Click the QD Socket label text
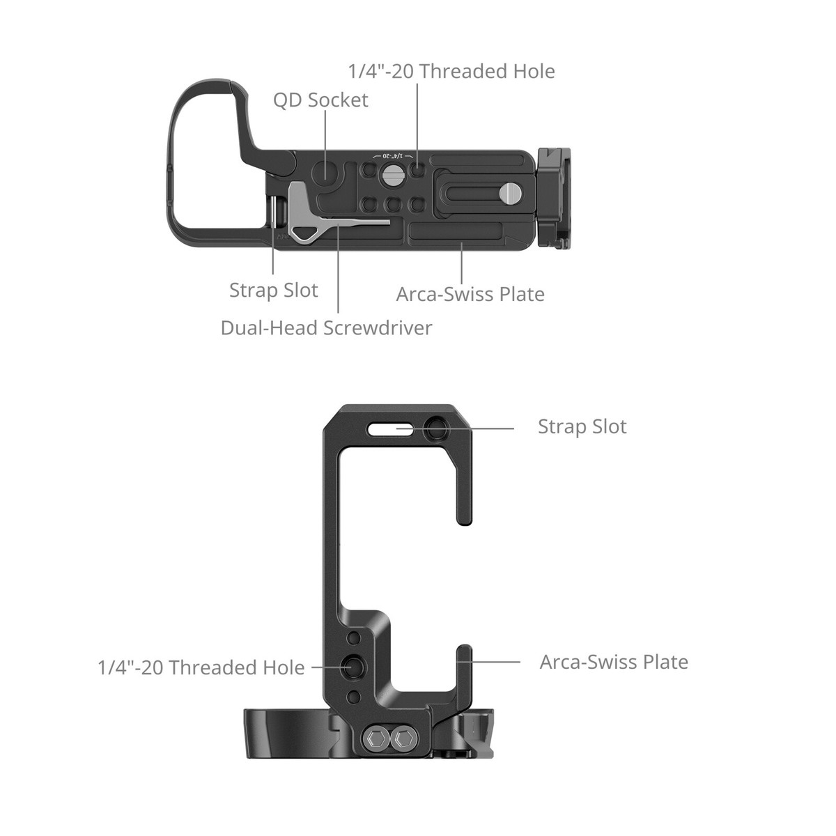click(x=320, y=100)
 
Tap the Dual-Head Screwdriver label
click(x=326, y=328)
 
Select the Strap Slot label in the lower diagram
click(x=582, y=426)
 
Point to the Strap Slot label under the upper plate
click(x=273, y=291)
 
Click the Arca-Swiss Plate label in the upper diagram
click(x=470, y=294)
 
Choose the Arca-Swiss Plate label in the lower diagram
click(x=614, y=662)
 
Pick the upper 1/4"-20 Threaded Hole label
click(x=451, y=71)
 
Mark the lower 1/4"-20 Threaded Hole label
click(x=201, y=667)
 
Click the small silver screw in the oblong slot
click(x=512, y=193)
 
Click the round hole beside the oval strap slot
click(x=438, y=429)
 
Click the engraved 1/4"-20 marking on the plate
click(x=394, y=155)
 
